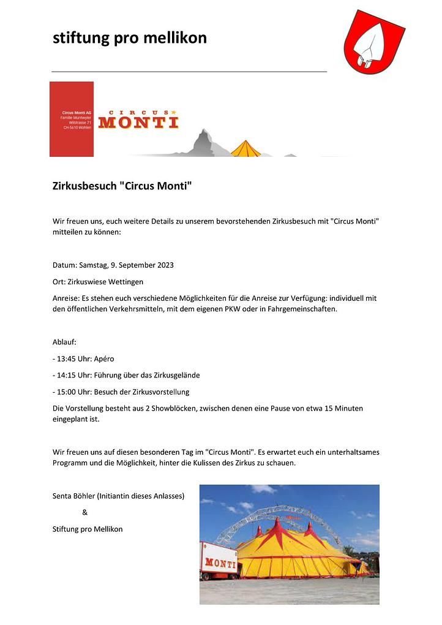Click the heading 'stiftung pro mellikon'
click(130, 38)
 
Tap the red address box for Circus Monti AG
click(72, 119)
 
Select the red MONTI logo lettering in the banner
click(138, 121)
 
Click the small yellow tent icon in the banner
click(245, 149)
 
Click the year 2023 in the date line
click(165, 265)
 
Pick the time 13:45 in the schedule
click(67, 358)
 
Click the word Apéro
click(103, 358)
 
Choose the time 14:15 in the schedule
click(67, 375)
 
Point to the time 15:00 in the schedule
click(67, 392)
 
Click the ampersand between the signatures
click(84, 512)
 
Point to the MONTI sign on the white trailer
click(220, 562)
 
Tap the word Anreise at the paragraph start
click(66, 298)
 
